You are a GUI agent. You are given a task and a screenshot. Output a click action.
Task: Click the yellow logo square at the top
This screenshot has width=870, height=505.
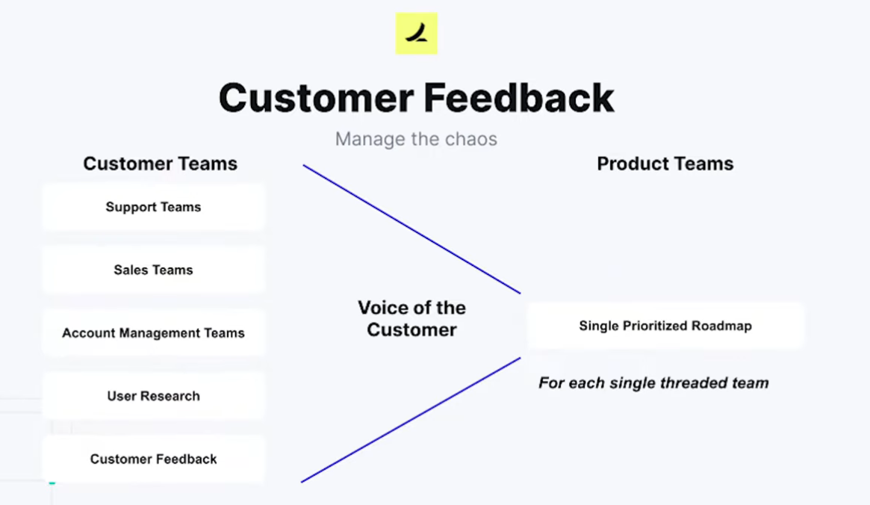416,34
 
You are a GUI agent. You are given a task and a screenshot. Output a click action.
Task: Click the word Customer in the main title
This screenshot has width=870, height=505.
317,98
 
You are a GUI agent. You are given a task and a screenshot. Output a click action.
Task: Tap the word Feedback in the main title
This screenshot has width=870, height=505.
519,98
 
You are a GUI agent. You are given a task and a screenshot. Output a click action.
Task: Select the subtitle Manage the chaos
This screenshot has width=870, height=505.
416,139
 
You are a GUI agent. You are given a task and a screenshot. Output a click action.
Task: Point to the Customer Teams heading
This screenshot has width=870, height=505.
161,164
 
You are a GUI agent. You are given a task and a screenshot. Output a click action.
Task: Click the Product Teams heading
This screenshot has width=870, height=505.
665,164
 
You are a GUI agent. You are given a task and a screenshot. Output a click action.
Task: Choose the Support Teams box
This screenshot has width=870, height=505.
154,207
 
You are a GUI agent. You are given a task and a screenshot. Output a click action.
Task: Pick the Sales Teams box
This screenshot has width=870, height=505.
154,270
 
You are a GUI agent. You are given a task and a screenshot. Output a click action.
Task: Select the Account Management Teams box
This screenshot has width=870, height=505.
154,333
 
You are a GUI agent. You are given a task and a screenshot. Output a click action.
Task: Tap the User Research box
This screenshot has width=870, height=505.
154,396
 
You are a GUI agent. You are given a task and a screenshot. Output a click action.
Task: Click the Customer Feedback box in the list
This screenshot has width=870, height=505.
154,459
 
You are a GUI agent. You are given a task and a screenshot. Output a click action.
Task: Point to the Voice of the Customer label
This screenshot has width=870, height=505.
411,318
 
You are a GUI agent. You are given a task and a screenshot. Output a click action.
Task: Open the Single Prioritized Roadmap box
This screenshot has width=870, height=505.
665,326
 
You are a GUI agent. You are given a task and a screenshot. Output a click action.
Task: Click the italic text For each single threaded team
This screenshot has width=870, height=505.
653,383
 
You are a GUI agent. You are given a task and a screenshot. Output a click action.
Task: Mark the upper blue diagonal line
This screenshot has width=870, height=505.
411,229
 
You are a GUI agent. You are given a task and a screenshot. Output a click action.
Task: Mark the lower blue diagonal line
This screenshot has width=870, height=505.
411,420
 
